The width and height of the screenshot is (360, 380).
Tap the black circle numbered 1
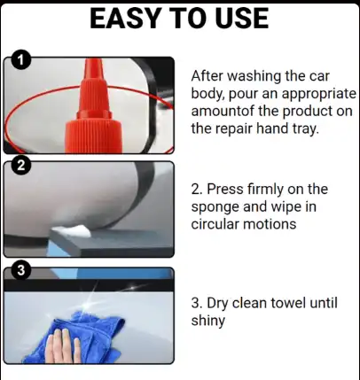pos(20,60)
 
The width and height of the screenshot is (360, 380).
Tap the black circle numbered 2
pos(20,166)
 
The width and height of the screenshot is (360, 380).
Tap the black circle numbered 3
pos(20,269)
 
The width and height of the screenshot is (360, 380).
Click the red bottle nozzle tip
pos(94,63)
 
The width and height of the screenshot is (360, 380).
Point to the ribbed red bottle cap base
pos(94,136)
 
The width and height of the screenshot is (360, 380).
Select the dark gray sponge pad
pos(111,242)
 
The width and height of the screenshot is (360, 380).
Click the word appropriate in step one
pos(319,95)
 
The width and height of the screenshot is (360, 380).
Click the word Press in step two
pos(225,190)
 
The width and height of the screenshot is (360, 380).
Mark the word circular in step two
pos(215,224)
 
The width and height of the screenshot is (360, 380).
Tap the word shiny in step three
pos(208,322)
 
